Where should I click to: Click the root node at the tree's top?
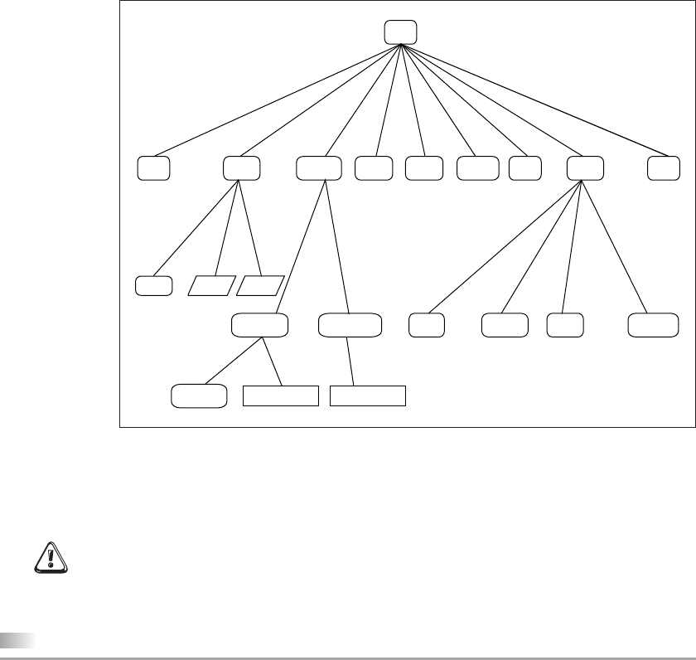click(400, 32)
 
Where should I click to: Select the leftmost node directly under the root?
click(153, 167)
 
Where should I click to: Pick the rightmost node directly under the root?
click(663, 167)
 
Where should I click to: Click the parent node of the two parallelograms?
click(242, 167)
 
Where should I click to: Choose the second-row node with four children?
click(585, 167)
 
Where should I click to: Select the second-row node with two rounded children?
click(319, 167)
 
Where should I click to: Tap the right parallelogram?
click(260, 285)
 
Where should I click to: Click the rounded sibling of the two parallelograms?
click(153, 285)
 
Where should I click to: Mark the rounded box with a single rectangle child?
click(350, 325)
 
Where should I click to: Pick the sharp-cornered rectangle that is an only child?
click(368, 396)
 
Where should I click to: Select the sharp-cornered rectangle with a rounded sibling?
click(280, 396)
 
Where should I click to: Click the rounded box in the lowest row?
click(199, 396)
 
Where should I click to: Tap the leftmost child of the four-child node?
click(426, 325)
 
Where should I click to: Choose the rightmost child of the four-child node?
click(650, 325)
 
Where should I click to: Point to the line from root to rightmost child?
click(531, 99)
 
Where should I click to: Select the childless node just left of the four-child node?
click(525, 167)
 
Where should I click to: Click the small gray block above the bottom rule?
click(17, 639)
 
